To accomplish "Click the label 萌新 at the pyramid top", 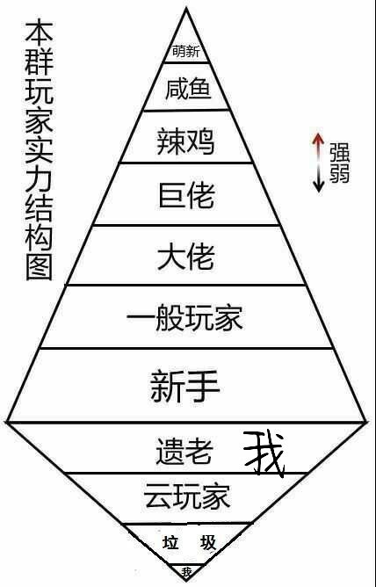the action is (186, 51).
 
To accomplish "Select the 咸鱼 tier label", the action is (188, 89).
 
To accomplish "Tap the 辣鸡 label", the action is (185, 141).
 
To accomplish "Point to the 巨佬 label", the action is (186, 195).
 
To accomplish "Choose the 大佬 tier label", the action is (186, 257).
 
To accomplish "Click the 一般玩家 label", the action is (184, 318).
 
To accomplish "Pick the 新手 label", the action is (184, 386).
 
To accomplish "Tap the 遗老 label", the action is (184, 451).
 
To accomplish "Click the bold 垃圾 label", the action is (189, 542).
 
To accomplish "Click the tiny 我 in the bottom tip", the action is (186, 571).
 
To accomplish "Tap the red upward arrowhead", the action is (318, 139).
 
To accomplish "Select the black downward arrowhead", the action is (318, 186).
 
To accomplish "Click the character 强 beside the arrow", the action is (340, 153).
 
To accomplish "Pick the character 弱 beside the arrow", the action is (340, 173).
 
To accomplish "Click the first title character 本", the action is (39, 32).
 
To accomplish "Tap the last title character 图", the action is (39, 267).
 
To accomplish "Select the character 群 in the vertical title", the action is (39, 61).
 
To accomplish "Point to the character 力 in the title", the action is (39, 179).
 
